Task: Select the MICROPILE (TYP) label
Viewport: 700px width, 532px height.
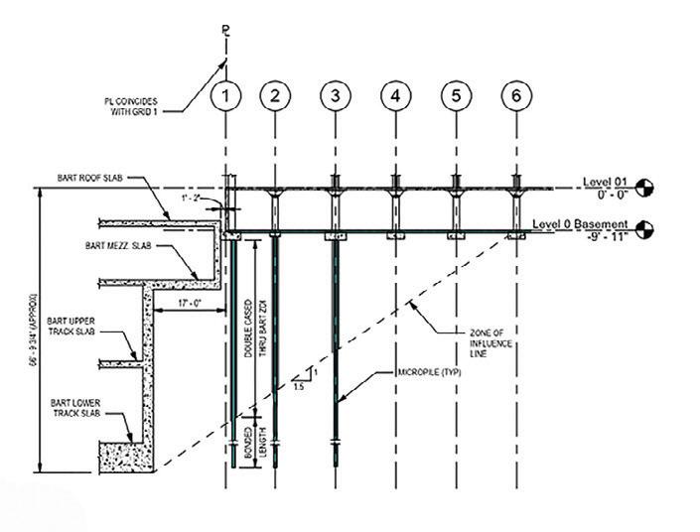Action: coord(398,374)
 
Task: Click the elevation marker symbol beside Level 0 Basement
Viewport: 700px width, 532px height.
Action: coord(644,230)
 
